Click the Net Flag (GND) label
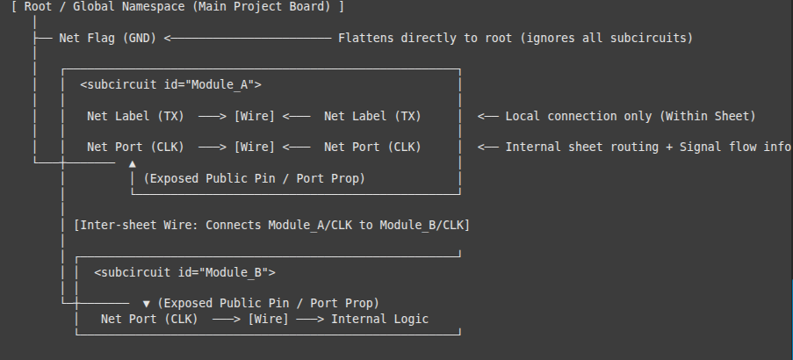108,38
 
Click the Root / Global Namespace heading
177,6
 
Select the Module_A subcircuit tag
171,84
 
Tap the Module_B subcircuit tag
185,272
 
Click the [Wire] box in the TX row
255,116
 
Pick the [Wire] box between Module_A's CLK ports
255,148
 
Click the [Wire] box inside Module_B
268,319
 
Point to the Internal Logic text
379,319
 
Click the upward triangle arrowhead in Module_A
132,164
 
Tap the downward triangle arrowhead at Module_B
146,304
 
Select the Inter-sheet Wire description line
271,225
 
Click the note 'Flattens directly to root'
515,38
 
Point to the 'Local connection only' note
631,116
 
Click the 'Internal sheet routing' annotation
648,148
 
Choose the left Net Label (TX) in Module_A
135,116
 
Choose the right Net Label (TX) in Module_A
372,116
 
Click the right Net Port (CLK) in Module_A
372,148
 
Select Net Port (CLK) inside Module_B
149,319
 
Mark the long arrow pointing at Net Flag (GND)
248,38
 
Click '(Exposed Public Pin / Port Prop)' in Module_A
255,178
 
